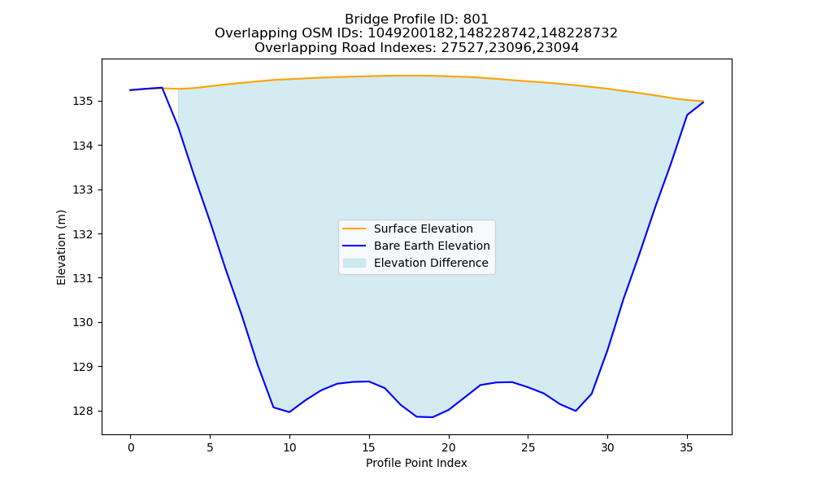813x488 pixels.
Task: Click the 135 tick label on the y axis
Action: coord(83,101)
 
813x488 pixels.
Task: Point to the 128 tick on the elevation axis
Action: coord(83,411)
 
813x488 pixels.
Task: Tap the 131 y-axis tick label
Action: coord(83,278)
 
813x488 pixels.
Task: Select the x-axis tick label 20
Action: coord(449,447)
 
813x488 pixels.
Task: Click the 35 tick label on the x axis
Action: coord(687,447)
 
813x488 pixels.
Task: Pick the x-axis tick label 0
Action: coord(131,447)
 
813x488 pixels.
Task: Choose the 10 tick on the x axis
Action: coord(289,447)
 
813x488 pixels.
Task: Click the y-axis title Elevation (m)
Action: coord(61,247)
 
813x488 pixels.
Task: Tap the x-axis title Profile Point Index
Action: coord(416,463)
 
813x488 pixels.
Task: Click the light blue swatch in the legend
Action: coord(354,263)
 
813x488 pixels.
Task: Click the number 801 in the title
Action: coord(476,20)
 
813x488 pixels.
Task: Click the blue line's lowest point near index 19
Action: coord(433,417)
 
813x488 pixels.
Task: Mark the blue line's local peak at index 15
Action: coord(368,381)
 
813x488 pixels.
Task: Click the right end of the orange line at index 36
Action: coord(703,101)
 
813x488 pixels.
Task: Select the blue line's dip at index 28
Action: coord(576,411)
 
